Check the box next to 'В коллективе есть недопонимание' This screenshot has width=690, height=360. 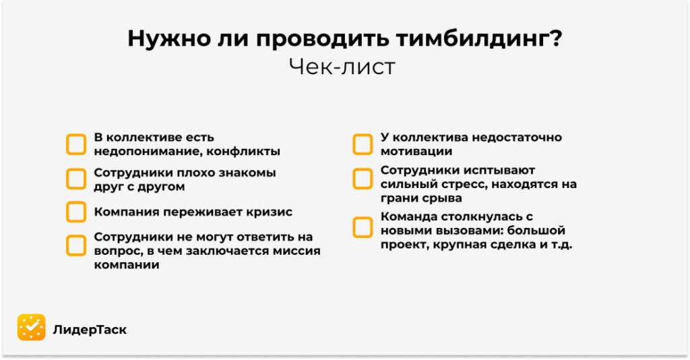click(76, 144)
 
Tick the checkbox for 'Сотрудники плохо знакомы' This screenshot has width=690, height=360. click(76, 179)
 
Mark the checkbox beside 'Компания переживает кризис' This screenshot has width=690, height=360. click(76, 212)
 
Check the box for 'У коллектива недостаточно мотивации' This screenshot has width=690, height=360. click(363, 144)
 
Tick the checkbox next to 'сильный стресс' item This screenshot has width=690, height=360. click(363, 179)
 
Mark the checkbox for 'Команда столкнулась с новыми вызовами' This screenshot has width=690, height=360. click(363, 227)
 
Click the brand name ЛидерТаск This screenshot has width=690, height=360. click(90, 329)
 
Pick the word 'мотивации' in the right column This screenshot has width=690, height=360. click(416, 152)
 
